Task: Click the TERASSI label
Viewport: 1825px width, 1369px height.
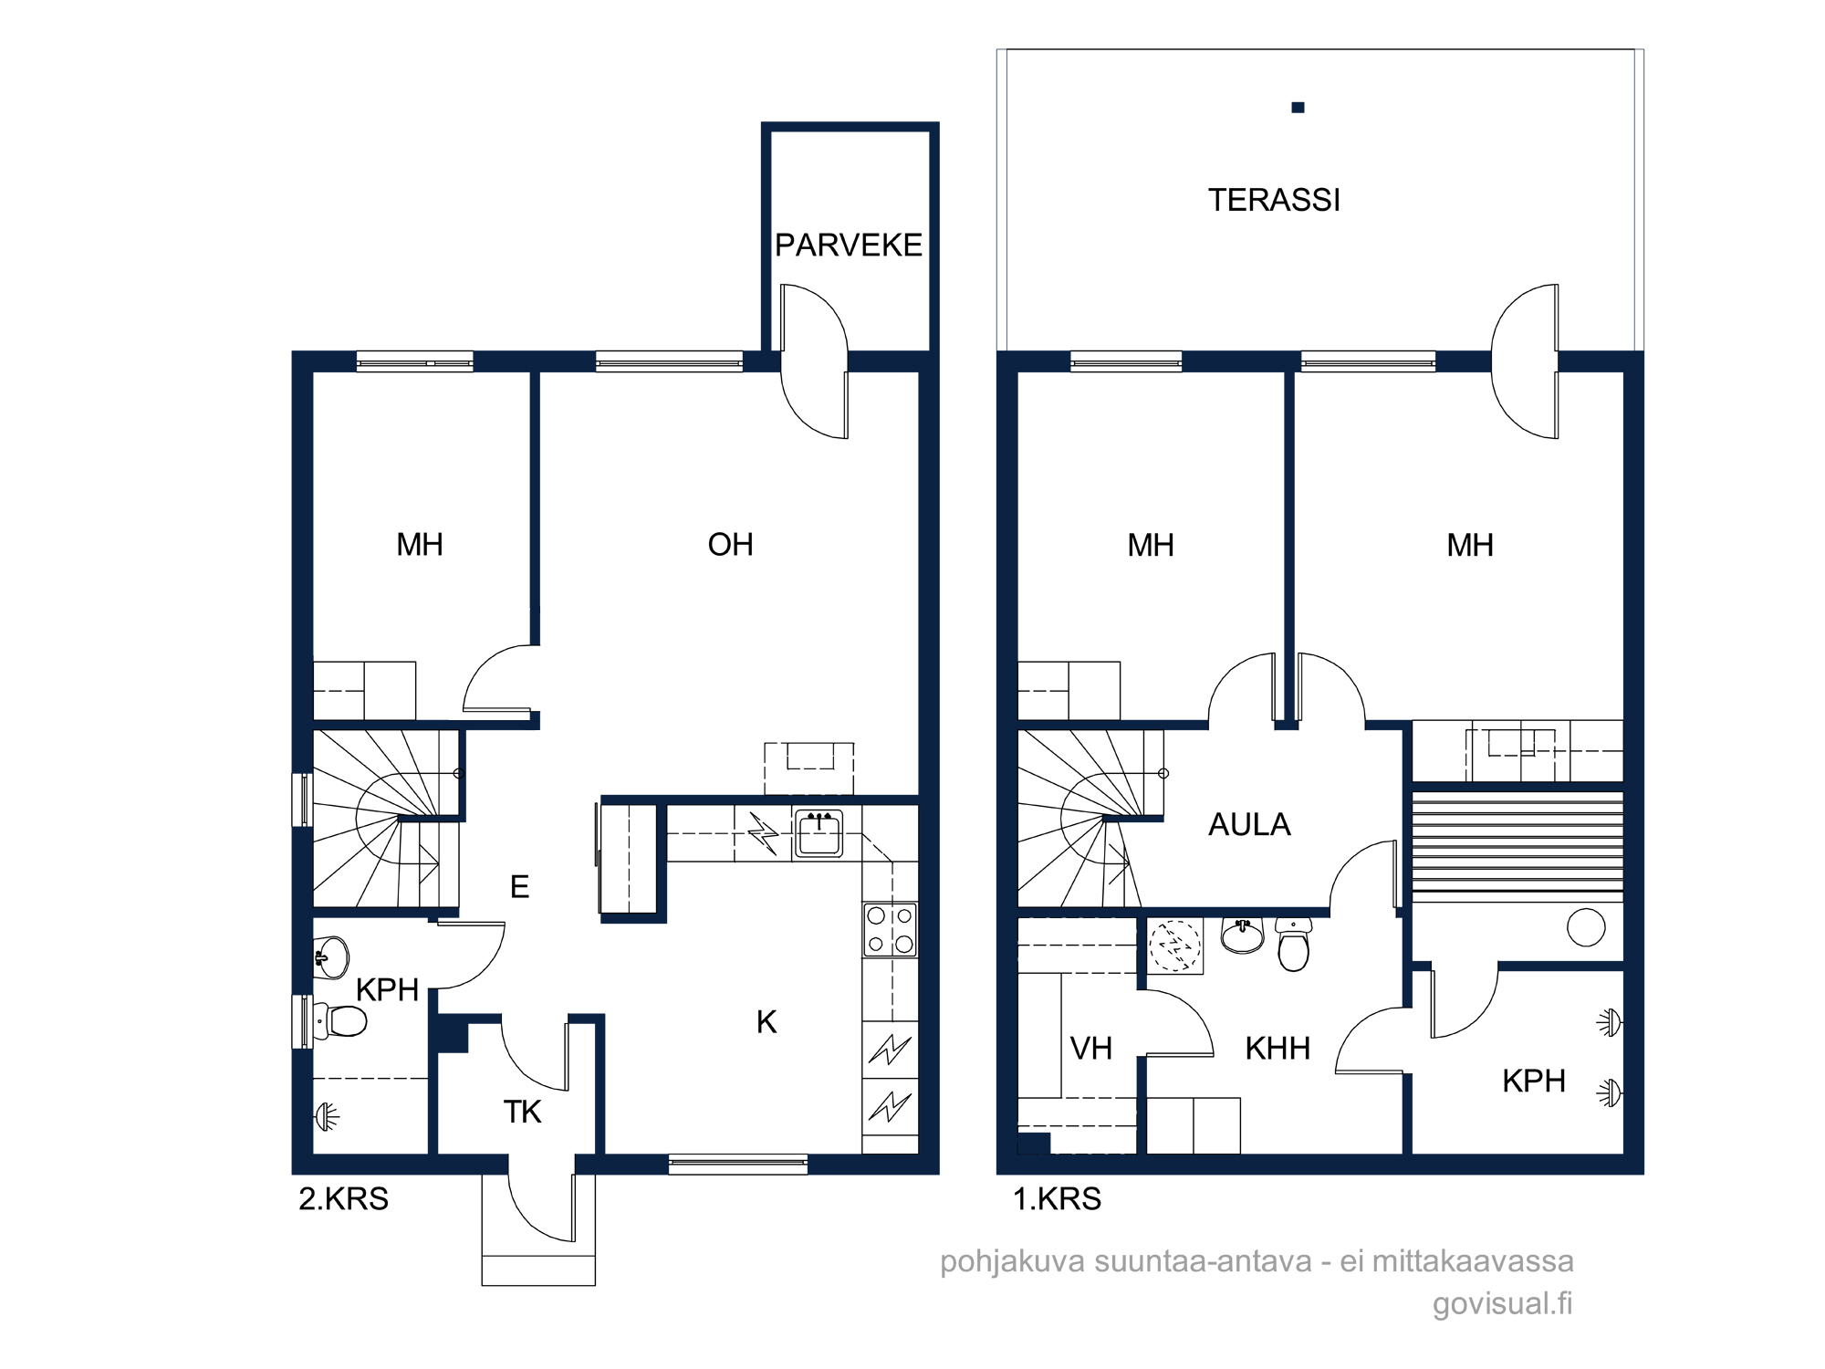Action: (1274, 200)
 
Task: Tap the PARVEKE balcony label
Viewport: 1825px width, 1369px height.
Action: (849, 245)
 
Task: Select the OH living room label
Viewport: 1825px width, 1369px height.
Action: (730, 545)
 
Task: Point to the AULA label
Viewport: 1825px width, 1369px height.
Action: (1249, 824)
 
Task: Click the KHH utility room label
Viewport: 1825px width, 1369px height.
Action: (1277, 1049)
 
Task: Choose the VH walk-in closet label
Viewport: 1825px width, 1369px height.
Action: (1091, 1049)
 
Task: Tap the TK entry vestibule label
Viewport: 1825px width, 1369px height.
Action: (522, 1112)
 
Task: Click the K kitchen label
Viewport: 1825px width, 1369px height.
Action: (766, 1022)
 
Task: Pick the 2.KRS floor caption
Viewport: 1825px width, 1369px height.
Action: (343, 1198)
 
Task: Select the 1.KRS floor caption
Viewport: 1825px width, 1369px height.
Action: (1057, 1198)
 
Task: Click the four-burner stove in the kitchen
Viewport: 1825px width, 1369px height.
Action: (890, 930)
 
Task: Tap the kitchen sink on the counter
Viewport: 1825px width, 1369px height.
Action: (819, 833)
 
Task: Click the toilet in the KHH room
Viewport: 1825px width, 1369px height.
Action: (1294, 945)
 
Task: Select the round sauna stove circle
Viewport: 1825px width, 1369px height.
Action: (1586, 927)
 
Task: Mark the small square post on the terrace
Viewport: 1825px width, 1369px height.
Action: (1298, 108)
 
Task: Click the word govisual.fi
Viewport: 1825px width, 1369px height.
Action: (1503, 1303)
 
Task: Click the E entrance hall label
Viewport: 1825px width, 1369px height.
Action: (519, 886)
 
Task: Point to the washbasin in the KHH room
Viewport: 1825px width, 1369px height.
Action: (1242, 935)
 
